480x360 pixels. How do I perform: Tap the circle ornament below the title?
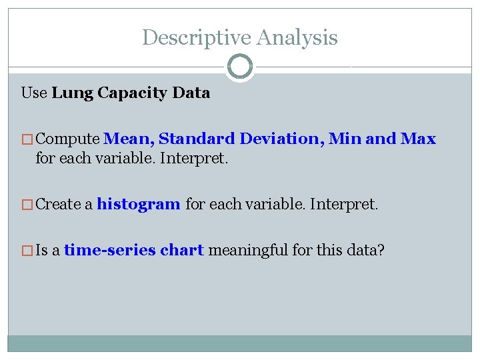pyautogui.click(x=240, y=67)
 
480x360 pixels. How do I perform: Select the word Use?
pyautogui.click(x=34, y=93)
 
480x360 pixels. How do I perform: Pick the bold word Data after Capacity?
pyautogui.click(x=192, y=93)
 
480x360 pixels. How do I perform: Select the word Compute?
pyautogui.click(x=68, y=139)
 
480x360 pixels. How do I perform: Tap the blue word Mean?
pyautogui.click(x=129, y=139)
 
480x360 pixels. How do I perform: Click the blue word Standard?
pyautogui.click(x=197, y=139)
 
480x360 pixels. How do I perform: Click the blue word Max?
pyautogui.click(x=418, y=139)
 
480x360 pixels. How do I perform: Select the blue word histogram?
pyautogui.click(x=139, y=205)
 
